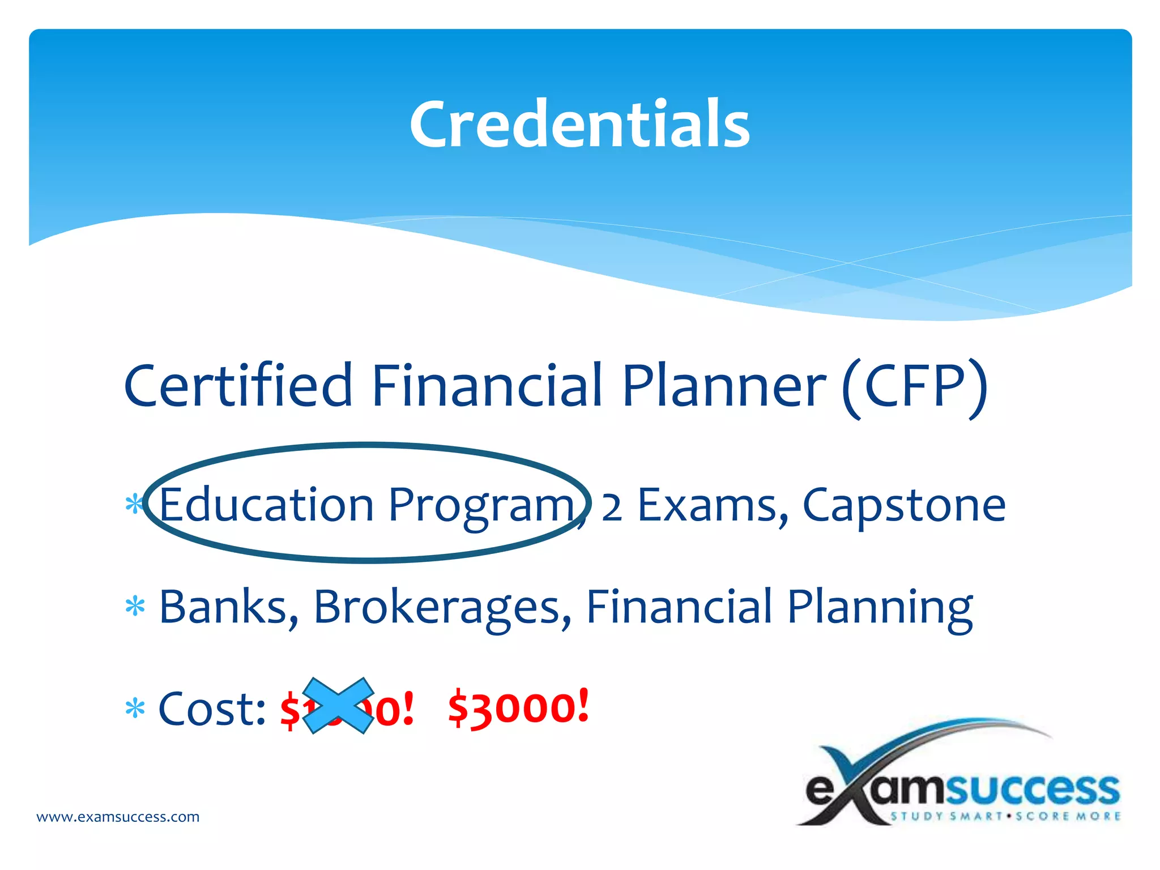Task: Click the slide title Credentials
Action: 579,123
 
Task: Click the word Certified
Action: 238,386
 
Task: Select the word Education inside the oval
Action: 266,505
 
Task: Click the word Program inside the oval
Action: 481,506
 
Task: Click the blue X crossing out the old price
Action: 338,706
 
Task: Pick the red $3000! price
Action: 518,708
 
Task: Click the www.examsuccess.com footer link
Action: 118,817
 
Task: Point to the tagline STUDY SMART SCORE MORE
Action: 1005,816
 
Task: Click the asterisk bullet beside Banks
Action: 135,607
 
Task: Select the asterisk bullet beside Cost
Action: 135,709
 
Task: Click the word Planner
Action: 724,386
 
